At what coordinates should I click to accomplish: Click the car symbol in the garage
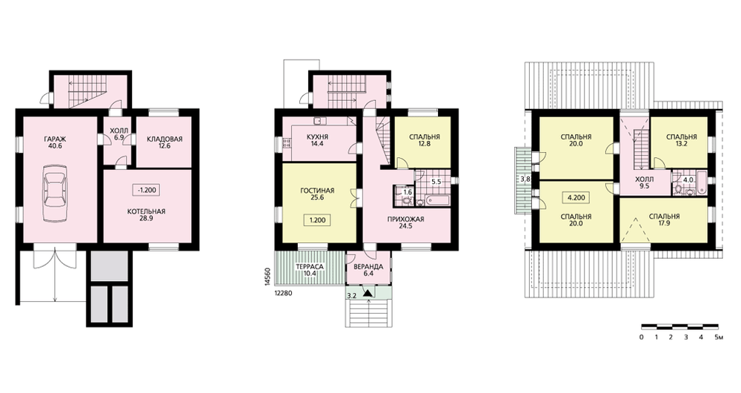point(55,193)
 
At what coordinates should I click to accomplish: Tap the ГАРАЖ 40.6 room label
point(56,142)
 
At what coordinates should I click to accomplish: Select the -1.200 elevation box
point(147,190)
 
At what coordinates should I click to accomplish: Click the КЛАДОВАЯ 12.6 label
point(165,142)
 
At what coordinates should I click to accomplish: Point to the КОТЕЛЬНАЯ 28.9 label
point(146,215)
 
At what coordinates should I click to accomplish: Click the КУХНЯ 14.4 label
point(317,140)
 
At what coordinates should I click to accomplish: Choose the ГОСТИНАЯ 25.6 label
point(317,194)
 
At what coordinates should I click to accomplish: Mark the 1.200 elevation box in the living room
point(317,220)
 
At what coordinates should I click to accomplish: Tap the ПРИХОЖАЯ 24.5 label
point(405,222)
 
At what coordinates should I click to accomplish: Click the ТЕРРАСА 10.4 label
point(310,271)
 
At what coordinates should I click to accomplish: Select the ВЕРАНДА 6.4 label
point(368,271)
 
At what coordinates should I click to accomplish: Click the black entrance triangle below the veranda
point(368,293)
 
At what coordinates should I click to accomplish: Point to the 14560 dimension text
point(267,277)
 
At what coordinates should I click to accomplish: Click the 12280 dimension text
point(283,293)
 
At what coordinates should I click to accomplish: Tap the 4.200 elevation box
point(576,198)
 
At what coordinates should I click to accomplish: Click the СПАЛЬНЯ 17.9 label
point(664,220)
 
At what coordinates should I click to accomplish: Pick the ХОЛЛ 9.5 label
point(644,183)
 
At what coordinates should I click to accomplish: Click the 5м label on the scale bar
point(718,337)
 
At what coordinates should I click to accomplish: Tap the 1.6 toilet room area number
point(408,193)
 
